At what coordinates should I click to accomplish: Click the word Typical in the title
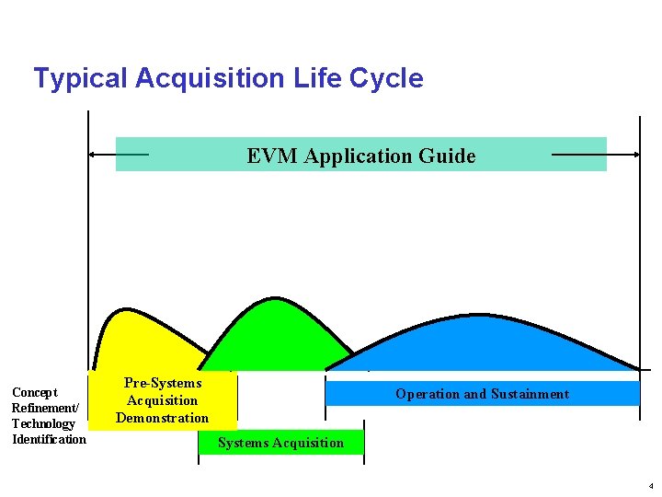(x=80, y=78)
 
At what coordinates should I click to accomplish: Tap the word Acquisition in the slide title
(x=211, y=78)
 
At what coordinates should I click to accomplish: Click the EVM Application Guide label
(x=360, y=156)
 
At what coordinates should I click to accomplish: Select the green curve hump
(x=274, y=331)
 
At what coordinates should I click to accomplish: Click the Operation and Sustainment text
(x=482, y=394)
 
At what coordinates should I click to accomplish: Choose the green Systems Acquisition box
(x=280, y=443)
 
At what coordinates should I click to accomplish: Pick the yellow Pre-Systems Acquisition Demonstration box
(x=163, y=400)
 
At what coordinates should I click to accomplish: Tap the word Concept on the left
(x=34, y=393)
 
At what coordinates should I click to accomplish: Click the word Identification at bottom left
(x=49, y=439)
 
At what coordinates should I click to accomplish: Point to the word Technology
(x=43, y=423)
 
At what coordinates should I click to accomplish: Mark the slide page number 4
(x=650, y=485)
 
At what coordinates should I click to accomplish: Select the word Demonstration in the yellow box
(x=163, y=418)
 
